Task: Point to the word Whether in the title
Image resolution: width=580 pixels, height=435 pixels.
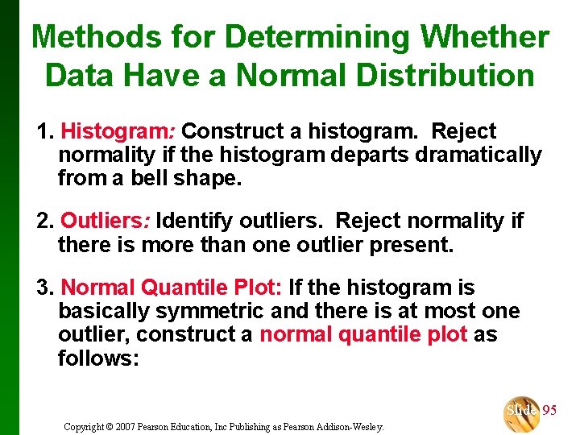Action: point(486,36)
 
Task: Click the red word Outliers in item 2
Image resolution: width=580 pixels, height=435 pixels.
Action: point(106,220)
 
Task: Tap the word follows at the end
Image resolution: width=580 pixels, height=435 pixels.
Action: point(98,358)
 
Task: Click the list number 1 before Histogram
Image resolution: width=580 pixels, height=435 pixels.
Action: point(43,131)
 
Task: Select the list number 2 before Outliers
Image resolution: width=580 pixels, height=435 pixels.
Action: point(43,220)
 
